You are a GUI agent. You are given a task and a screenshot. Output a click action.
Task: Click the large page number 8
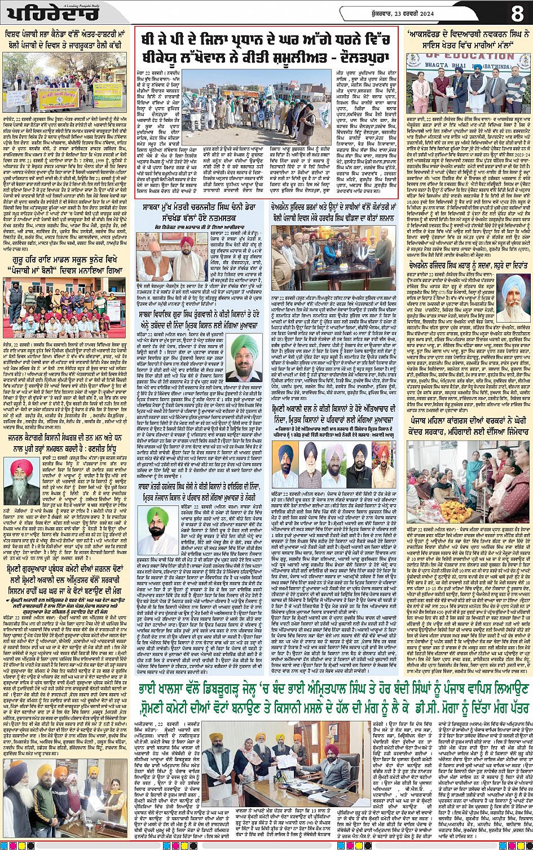517,12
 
